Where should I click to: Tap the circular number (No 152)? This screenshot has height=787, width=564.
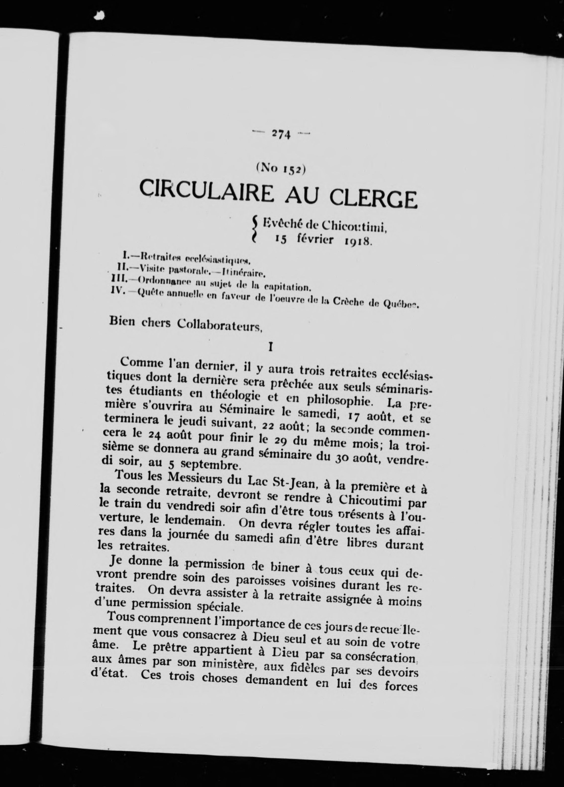pos(280,169)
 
